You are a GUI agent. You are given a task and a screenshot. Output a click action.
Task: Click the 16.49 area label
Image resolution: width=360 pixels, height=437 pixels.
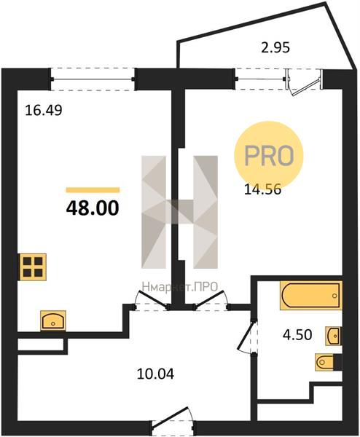(44, 111)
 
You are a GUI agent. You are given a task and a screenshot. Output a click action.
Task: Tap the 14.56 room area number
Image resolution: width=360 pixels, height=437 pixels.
(262, 190)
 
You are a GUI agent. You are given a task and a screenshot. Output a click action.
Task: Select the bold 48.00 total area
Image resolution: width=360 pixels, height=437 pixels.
(93, 208)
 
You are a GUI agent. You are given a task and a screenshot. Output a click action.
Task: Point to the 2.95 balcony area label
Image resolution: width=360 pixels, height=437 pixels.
(275, 47)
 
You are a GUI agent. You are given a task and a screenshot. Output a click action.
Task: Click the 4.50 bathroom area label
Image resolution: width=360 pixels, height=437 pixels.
(297, 335)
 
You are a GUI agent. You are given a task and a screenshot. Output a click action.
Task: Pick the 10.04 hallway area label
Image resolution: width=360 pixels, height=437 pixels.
(156, 374)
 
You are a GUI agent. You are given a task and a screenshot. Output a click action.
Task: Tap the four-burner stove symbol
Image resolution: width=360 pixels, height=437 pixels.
(33, 267)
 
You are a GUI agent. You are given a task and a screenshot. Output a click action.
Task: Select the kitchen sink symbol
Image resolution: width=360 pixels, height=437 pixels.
(53, 320)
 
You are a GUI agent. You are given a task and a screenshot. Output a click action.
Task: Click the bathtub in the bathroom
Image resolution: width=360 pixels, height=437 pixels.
(311, 296)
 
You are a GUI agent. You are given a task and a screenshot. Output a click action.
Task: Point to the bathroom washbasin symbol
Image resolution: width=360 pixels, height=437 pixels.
(334, 336)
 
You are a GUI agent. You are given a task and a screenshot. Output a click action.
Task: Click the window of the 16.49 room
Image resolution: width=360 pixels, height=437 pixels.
(93, 79)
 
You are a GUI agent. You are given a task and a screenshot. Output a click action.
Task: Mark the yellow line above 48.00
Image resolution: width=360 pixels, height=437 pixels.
(93, 190)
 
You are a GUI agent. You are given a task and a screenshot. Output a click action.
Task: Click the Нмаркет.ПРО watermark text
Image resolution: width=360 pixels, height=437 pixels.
(179, 286)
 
